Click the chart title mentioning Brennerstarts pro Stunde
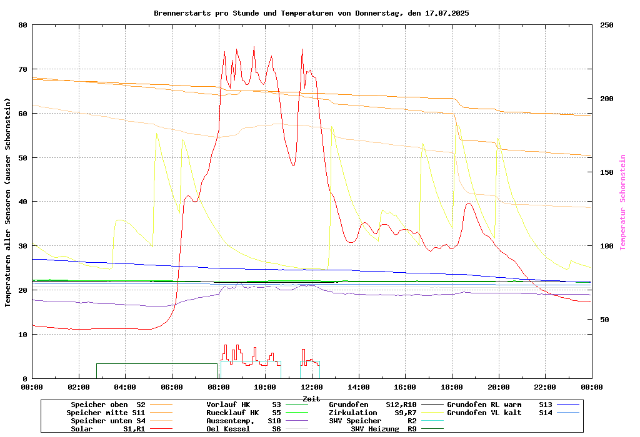[x=311, y=13]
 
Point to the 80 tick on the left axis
[x=23, y=25]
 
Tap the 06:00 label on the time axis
[x=172, y=387]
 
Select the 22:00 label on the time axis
[x=545, y=387]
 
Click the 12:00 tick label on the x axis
[x=312, y=387]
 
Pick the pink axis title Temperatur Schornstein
[x=622, y=202]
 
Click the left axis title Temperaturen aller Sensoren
[x=8, y=202]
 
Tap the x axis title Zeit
[x=311, y=398]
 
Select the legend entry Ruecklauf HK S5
[x=244, y=413]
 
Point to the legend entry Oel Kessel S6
[x=244, y=429]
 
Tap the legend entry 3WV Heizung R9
[x=384, y=429]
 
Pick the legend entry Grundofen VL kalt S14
[x=500, y=413]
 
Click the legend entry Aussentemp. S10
[x=244, y=421]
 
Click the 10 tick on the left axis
[x=23, y=335]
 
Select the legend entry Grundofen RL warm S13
[x=500, y=405]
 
